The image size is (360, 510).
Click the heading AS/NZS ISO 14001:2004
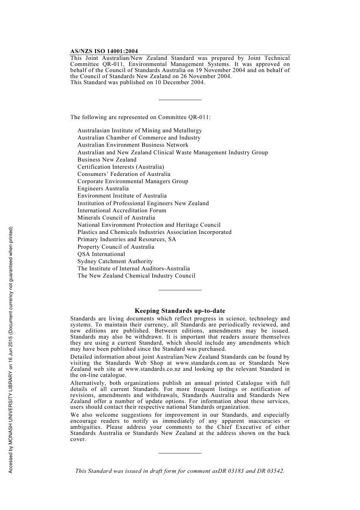coord(104,51)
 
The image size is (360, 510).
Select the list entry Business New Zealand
coord(107,160)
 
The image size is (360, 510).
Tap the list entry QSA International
coord(101,254)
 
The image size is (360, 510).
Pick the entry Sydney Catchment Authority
coord(115,261)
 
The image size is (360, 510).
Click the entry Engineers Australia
coord(103,188)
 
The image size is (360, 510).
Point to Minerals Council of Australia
coord(116,218)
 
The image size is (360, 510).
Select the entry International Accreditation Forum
coord(122,210)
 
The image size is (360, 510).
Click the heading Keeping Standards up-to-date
coord(180,311)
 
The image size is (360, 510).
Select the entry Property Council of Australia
coord(116,247)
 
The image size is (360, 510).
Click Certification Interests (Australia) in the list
coord(121,167)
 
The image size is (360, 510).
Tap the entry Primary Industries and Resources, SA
coord(127,239)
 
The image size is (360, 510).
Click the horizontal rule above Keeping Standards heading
coord(180,290)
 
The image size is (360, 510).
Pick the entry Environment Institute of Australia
coord(122,196)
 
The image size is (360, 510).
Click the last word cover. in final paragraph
coord(78,439)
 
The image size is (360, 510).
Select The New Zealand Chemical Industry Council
coord(136,276)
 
